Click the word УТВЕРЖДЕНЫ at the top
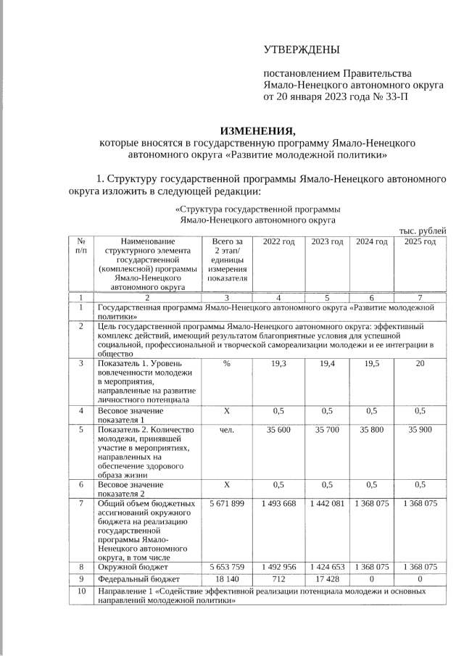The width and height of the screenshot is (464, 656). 301,49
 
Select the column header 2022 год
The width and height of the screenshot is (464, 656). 278,241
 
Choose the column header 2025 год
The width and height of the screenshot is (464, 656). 420,241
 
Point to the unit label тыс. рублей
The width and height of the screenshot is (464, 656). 423,231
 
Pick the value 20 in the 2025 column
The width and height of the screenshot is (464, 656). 420,363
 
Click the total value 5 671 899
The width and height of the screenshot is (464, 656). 227,503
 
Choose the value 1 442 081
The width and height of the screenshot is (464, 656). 327,503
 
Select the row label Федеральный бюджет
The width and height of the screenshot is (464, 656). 138,579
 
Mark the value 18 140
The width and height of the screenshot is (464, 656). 227,579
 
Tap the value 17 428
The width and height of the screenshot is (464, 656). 327,579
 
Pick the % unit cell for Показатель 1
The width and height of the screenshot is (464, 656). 227,363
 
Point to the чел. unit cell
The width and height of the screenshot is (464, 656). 227,429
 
